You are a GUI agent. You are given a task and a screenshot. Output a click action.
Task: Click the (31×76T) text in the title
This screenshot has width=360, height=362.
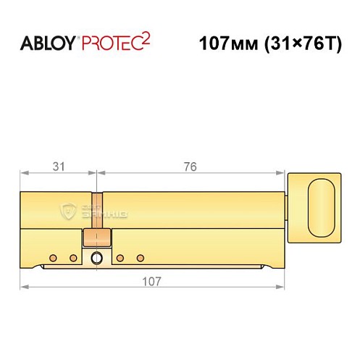301,43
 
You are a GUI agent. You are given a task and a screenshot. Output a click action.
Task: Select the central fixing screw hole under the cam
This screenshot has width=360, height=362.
96,257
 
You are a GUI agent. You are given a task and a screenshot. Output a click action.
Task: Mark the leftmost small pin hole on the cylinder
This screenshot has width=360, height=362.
53,257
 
